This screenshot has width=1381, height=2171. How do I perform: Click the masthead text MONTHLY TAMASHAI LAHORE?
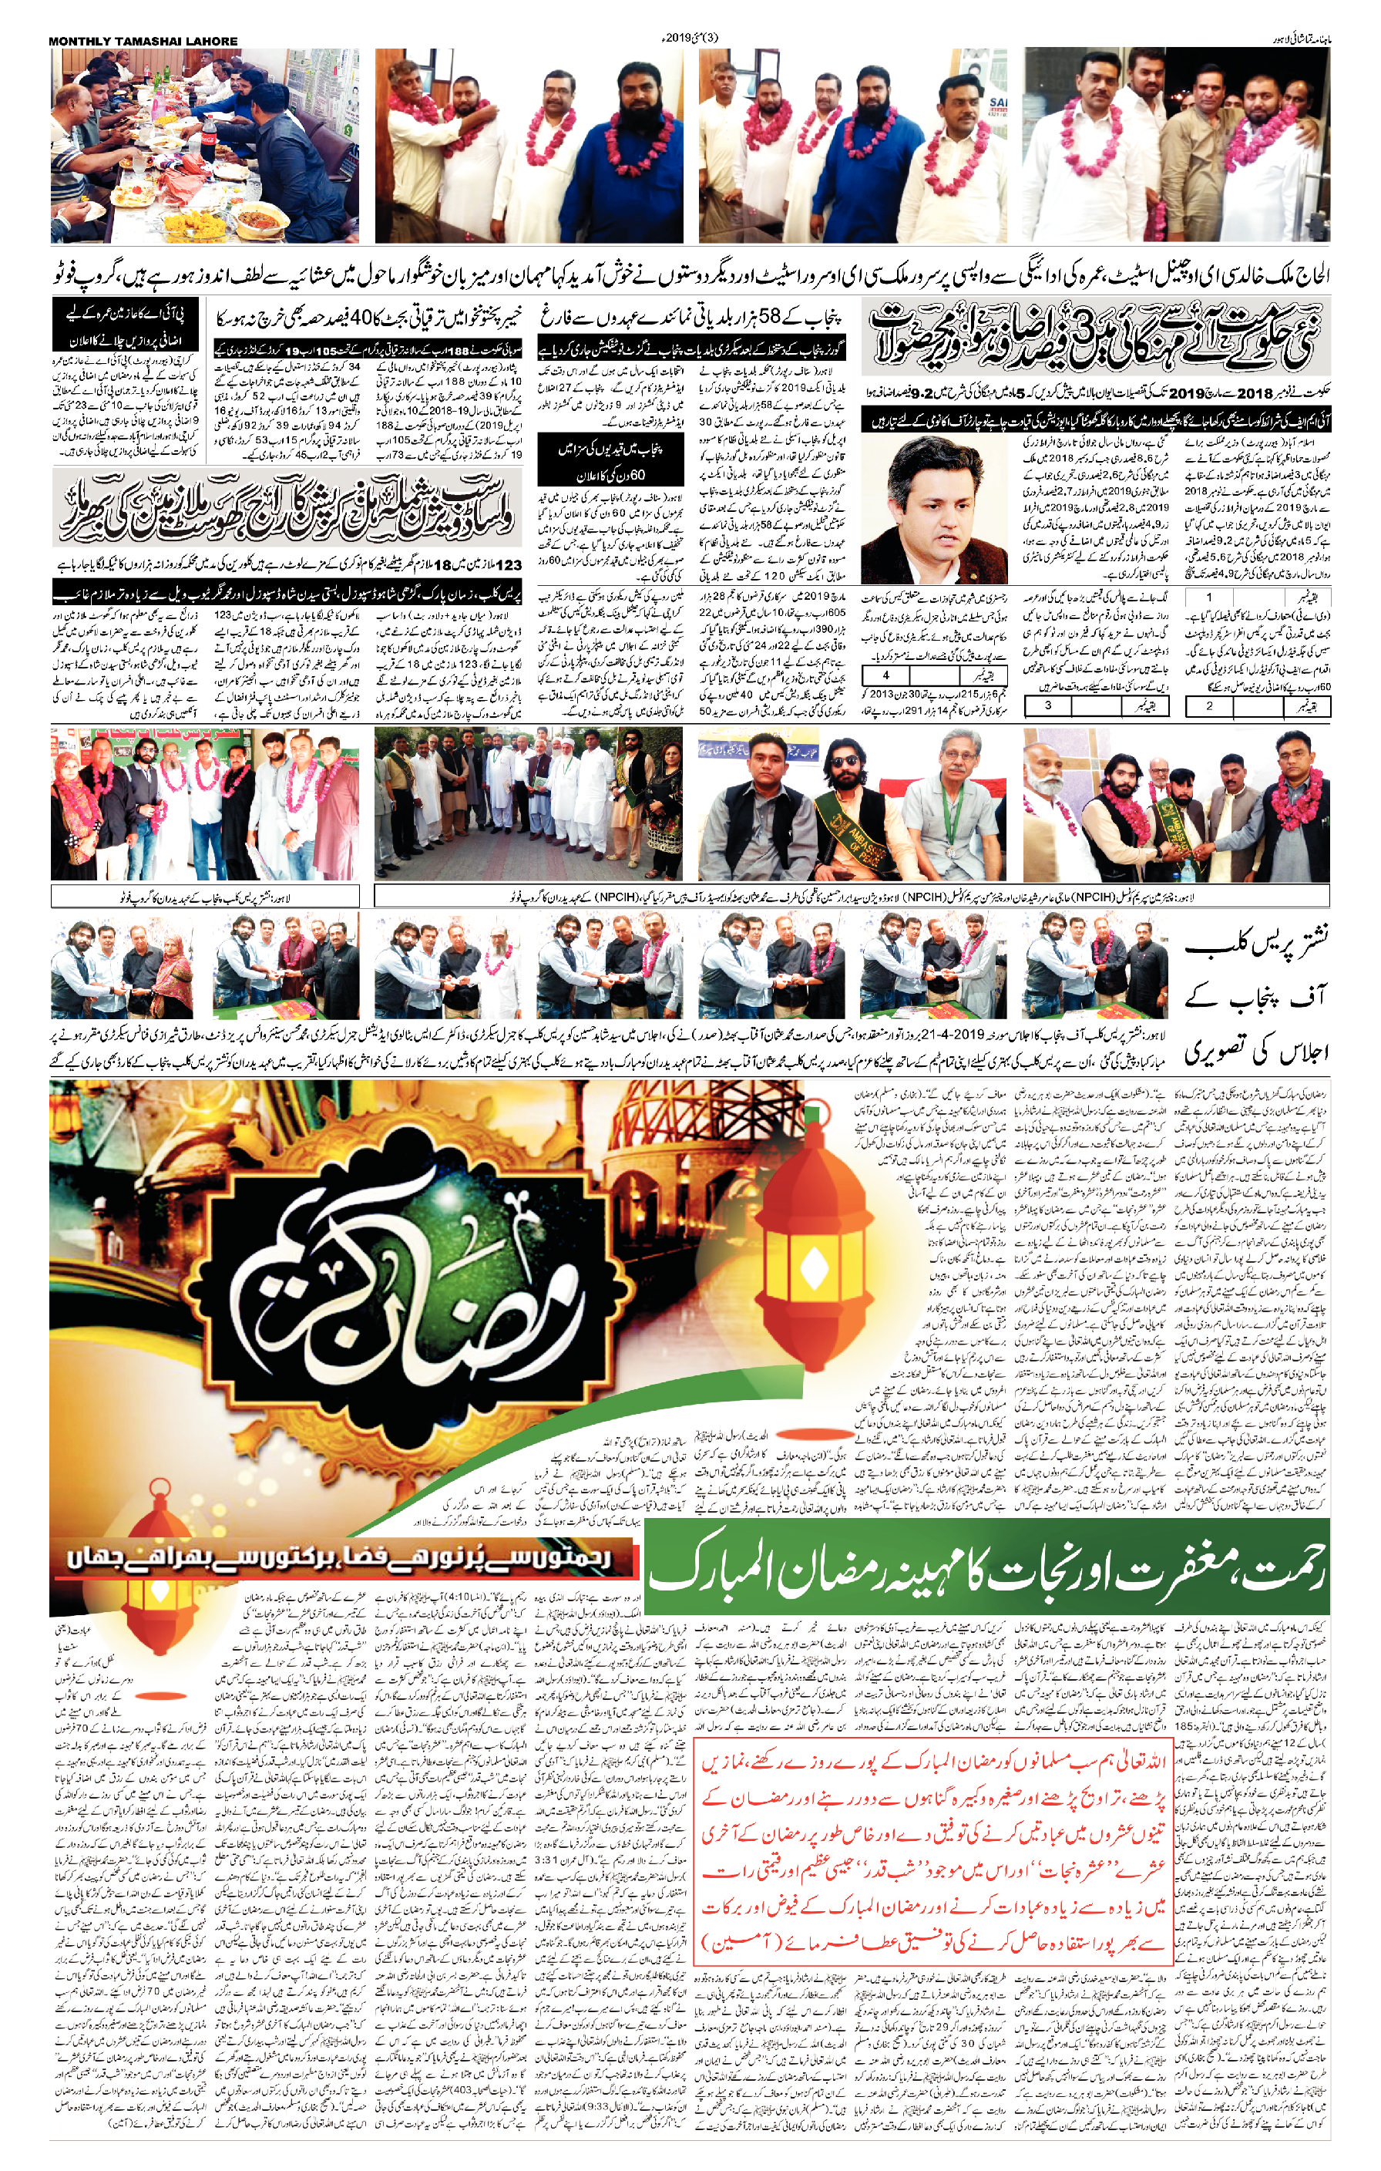(143, 41)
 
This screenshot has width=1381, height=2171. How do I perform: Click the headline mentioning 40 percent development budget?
(365, 318)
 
